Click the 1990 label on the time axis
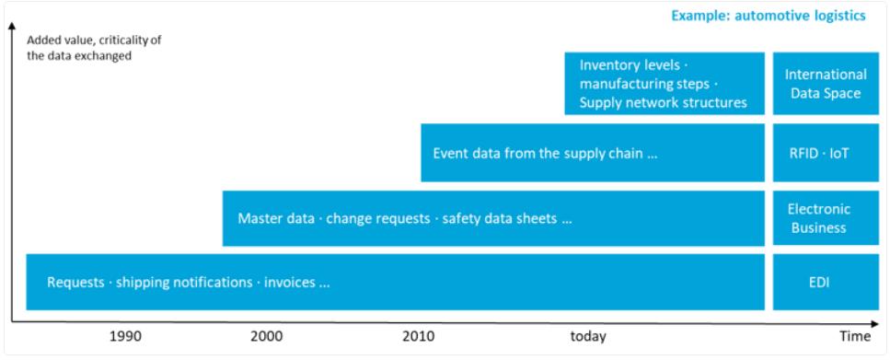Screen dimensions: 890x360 125,337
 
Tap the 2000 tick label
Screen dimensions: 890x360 267,337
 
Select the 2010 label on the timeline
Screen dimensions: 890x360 419,337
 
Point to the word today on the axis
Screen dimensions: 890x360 588,337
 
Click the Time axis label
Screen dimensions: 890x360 855,337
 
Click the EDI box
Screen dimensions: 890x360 818,282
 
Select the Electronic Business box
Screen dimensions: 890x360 818,218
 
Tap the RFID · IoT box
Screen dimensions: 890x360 818,154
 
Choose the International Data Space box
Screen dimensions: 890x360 818,84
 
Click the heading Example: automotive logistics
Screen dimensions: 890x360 769,16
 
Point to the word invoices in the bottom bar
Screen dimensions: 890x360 290,283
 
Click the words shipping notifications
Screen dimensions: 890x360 184,283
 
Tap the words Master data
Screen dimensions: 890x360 276,218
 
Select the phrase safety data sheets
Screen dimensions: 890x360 500,218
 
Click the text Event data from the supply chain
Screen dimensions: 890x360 538,154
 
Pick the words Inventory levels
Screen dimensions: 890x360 629,65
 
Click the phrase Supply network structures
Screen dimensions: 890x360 663,103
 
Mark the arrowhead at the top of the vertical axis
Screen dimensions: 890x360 11,27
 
